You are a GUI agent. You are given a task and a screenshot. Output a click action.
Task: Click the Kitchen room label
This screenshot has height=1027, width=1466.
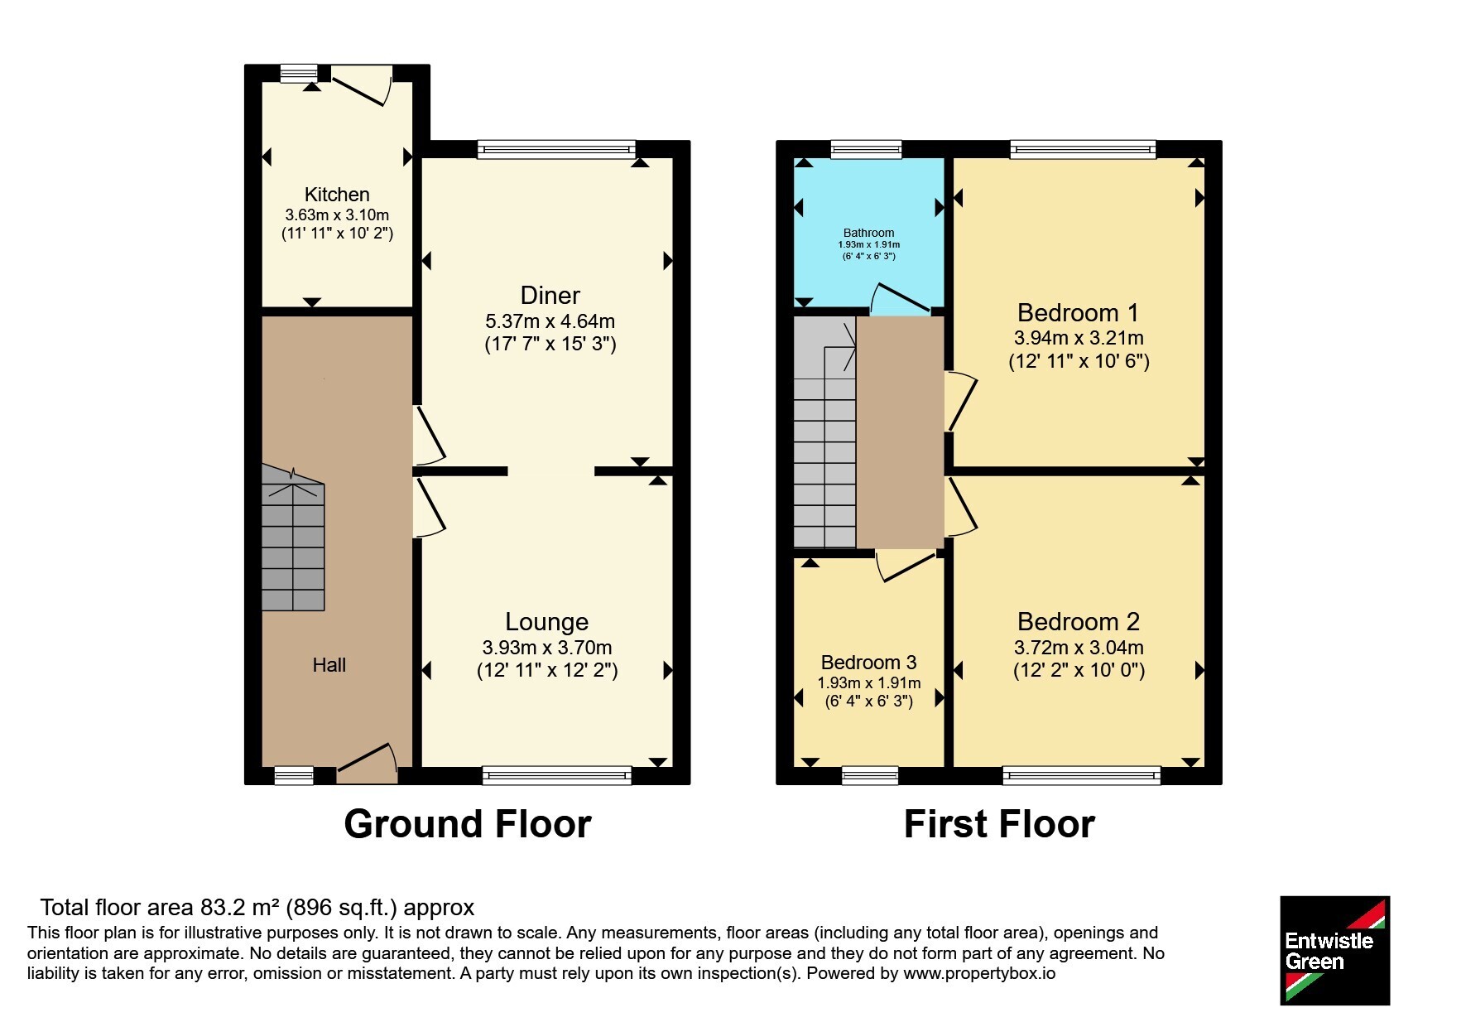337,195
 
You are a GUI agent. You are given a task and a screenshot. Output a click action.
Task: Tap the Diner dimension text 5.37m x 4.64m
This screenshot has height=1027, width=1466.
550,321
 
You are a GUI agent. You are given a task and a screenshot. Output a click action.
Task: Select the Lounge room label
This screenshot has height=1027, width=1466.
547,622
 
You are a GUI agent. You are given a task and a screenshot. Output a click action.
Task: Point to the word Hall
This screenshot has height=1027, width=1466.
329,664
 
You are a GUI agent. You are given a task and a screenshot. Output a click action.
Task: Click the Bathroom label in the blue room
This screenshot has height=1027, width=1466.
868,233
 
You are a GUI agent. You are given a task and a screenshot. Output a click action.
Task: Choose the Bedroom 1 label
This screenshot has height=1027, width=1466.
1078,313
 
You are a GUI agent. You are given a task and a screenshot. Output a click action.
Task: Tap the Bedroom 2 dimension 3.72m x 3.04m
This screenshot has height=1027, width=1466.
1079,648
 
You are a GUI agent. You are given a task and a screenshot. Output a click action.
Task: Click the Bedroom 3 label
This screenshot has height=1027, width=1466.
868,663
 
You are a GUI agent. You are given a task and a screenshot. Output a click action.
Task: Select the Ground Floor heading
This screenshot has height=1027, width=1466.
468,824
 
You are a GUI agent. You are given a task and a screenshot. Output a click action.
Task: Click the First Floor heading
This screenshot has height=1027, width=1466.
999,824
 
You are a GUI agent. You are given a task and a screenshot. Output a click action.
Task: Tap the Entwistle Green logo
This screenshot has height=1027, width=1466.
1334,951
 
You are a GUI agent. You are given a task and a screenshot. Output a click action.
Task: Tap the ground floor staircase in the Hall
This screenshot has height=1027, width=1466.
293,538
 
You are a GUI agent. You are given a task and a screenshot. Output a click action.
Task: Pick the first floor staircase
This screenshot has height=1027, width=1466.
824,432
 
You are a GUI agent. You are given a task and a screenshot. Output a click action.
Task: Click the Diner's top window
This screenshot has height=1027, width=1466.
556,150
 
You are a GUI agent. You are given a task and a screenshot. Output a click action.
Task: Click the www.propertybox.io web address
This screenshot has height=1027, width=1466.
979,973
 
